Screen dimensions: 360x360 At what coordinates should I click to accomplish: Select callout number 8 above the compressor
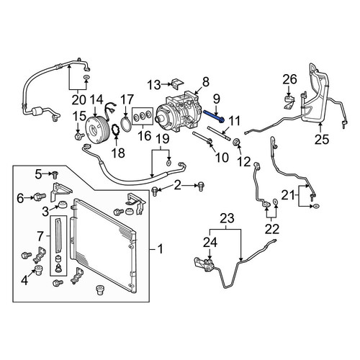coord(206,81)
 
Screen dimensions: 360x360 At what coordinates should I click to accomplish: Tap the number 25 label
coord(322,139)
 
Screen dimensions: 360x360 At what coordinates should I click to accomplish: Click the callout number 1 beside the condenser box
coord(160,249)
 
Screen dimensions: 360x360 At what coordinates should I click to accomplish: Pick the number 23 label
coord(227,218)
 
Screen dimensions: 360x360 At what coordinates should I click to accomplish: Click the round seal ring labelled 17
coord(126,123)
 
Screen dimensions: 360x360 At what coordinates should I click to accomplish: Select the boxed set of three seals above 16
coord(143,116)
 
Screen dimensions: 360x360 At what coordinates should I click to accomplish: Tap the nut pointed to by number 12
coord(237,143)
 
